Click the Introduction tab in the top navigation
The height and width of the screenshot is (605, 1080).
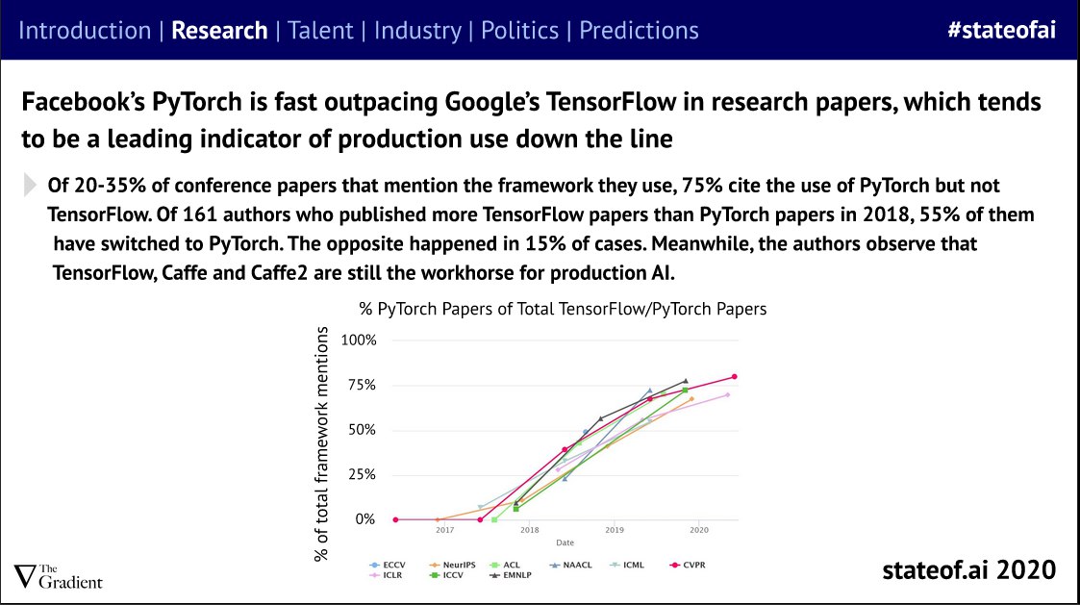pyautogui.click(x=85, y=30)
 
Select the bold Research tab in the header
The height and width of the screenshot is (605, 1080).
pyautogui.click(x=219, y=30)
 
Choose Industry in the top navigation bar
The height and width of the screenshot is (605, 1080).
pyautogui.click(x=417, y=30)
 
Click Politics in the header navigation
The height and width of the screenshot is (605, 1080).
pyautogui.click(x=519, y=30)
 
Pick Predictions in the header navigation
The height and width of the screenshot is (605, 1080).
pyautogui.click(x=639, y=30)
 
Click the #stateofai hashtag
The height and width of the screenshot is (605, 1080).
pyautogui.click(x=1001, y=29)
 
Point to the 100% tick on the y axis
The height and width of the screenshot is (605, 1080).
pyautogui.click(x=359, y=340)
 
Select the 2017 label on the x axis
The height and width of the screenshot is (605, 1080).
pyautogui.click(x=444, y=530)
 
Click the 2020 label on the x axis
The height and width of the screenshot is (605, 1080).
pyautogui.click(x=699, y=530)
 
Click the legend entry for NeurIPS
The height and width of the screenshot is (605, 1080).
pyautogui.click(x=454, y=565)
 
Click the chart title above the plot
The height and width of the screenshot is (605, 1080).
pyautogui.click(x=563, y=309)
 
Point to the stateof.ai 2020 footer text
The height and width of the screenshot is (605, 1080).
pyautogui.click(x=968, y=569)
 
